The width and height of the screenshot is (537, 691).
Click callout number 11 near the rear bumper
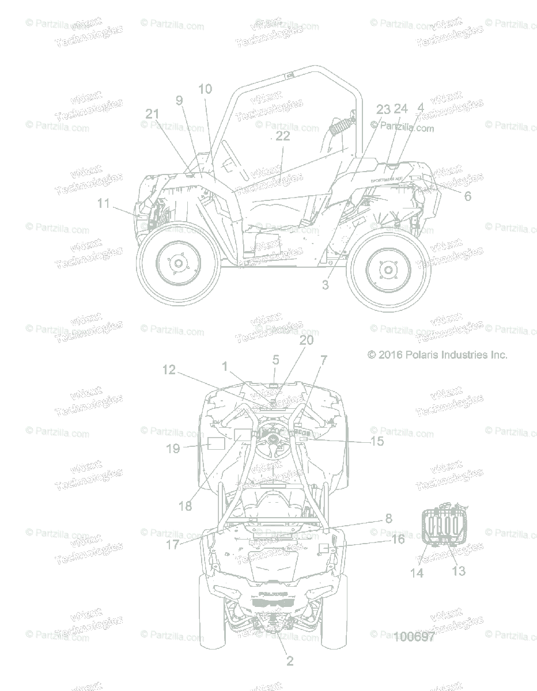[x=103, y=203]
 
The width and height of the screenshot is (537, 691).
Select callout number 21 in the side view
[x=152, y=114]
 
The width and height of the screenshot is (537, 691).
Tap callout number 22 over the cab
[x=283, y=136]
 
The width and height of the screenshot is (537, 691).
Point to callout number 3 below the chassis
[x=326, y=284]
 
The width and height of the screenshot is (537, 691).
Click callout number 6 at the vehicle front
[x=467, y=196]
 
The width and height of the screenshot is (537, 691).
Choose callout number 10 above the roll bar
[x=205, y=89]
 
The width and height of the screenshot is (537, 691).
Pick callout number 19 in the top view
[x=173, y=449]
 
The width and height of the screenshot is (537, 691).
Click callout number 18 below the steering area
[x=185, y=506]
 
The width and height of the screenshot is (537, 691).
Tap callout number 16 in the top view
[x=398, y=540]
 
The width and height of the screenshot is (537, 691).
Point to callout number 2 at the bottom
[x=290, y=661]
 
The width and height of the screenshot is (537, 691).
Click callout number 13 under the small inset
[x=459, y=571]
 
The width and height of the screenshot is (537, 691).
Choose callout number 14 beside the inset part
[x=417, y=573]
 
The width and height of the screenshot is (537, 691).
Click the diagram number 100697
[x=414, y=636]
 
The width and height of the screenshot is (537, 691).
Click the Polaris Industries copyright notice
[x=437, y=355]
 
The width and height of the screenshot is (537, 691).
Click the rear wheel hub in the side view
[x=178, y=263]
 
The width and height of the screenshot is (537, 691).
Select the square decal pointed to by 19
[x=215, y=443]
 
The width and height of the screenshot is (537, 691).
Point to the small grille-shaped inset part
[x=443, y=525]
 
